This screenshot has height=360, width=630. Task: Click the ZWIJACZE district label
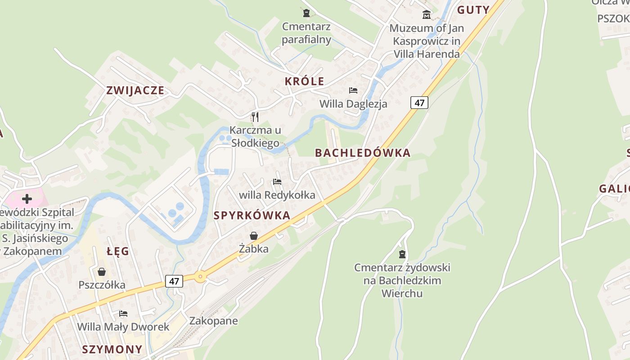coord(135,90)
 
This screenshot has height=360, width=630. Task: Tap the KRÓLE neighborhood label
coord(304,81)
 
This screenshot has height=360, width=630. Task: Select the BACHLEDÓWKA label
coord(363,153)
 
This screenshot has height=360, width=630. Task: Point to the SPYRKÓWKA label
coord(252,216)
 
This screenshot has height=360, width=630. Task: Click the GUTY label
coord(473,10)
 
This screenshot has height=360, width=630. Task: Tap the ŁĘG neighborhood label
coord(118,251)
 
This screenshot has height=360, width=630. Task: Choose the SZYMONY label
coord(112,349)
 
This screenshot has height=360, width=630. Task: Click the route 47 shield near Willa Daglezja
coord(419,103)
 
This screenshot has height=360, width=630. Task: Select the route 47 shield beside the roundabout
coord(174,282)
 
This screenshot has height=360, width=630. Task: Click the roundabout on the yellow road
coord(200,276)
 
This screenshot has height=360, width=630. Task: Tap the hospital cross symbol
coord(27,198)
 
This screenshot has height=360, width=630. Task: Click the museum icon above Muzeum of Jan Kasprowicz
coord(427,15)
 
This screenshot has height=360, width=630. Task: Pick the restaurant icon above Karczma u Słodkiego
coord(255,117)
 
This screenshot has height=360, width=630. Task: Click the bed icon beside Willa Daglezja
coord(353,90)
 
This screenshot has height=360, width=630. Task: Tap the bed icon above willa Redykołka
coord(277,182)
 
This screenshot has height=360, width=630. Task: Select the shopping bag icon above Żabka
coord(254,236)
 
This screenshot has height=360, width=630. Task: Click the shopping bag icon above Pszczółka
coord(102,272)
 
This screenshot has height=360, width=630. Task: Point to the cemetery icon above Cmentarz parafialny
coord(306,13)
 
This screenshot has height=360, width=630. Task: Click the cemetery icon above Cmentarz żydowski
coord(402,254)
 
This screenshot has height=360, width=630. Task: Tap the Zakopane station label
coord(213,321)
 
